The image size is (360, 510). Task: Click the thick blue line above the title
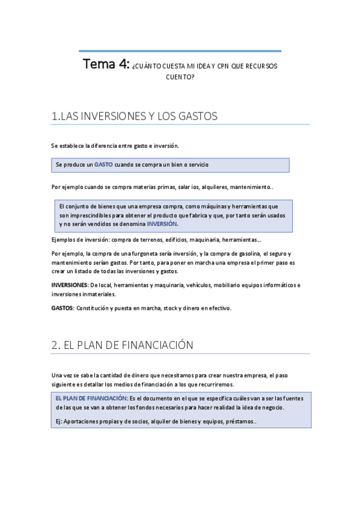coord(180,51)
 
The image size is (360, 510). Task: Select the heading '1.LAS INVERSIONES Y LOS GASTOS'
coord(135,116)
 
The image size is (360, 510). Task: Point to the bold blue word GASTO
coord(103,164)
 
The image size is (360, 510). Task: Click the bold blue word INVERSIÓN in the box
coord(163,224)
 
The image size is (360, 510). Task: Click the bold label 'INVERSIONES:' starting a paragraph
coord(70,285)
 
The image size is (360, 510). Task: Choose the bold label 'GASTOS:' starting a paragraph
coord(63,308)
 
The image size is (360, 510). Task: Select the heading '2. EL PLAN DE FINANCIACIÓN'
coord(122,345)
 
